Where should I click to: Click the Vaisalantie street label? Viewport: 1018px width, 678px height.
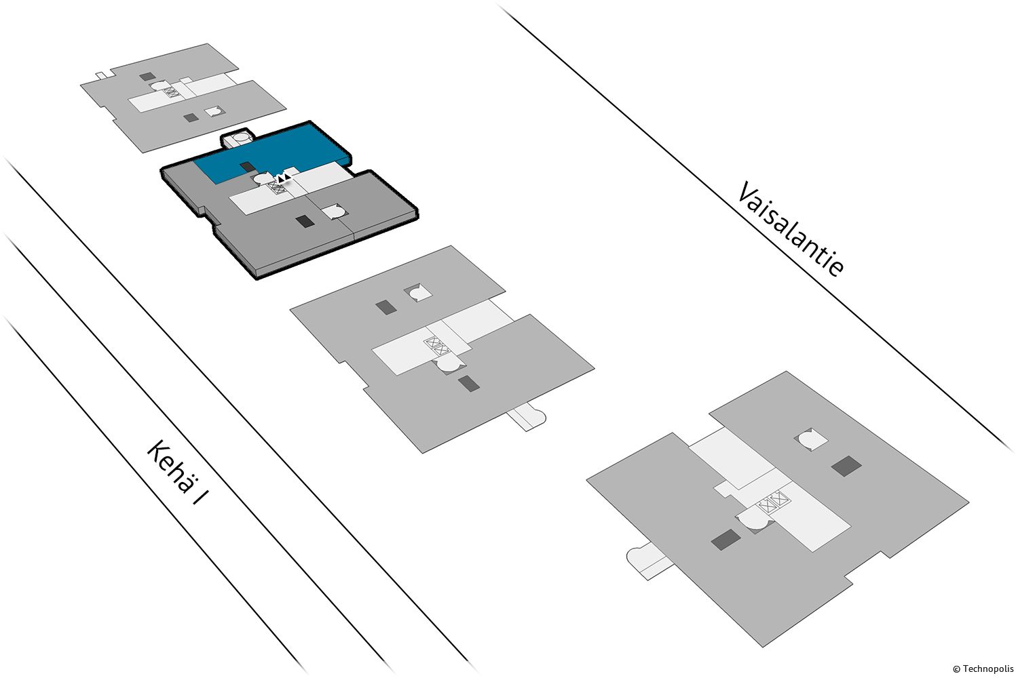(x=791, y=228)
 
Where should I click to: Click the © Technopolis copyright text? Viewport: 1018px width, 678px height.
(x=983, y=669)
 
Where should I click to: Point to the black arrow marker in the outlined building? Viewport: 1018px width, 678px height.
(x=285, y=178)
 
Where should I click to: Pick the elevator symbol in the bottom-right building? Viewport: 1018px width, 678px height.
(x=775, y=504)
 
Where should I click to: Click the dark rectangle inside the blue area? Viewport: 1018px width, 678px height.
(x=248, y=167)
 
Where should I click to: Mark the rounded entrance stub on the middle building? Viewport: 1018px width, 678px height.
(x=529, y=416)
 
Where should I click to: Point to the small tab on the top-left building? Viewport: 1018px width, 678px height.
(x=100, y=74)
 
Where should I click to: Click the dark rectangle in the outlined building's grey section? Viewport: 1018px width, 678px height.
(x=306, y=221)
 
